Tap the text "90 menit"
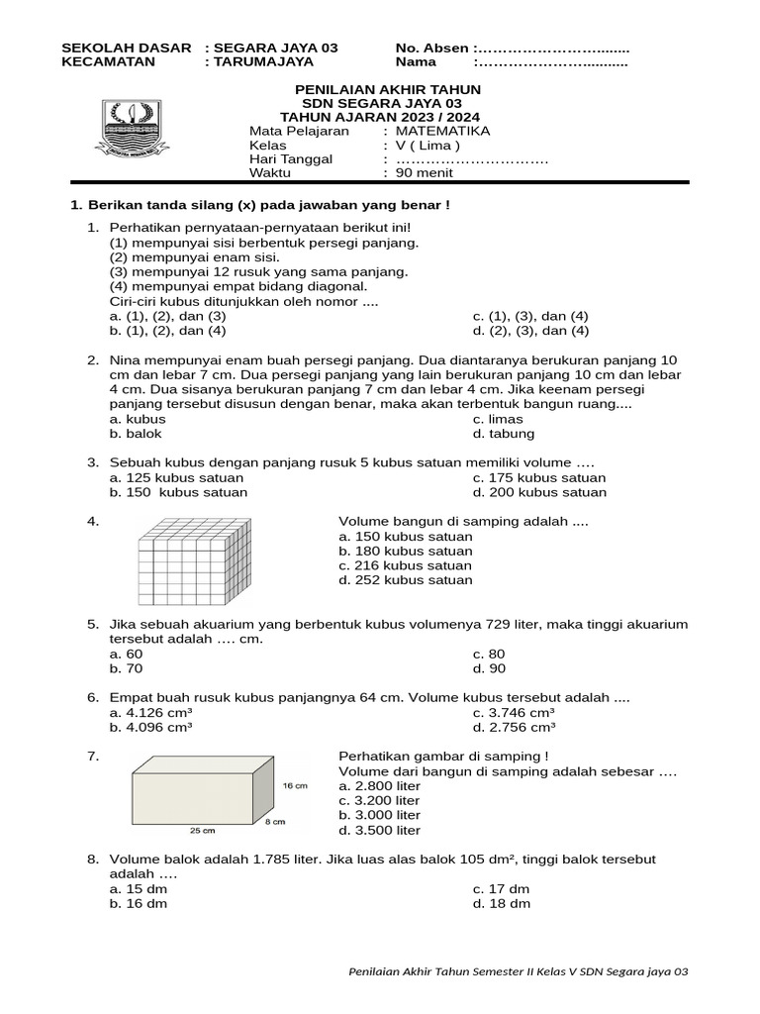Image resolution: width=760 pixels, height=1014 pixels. [x=425, y=172]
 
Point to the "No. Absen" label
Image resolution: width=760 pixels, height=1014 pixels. [x=432, y=48]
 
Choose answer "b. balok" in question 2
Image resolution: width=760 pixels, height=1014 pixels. [x=137, y=433]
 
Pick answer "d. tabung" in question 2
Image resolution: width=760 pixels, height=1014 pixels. [x=504, y=433]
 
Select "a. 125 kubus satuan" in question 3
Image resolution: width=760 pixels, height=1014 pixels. [x=176, y=477]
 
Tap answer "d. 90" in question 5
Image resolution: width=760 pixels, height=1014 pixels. [x=489, y=668]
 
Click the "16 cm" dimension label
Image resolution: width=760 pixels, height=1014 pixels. [x=296, y=785]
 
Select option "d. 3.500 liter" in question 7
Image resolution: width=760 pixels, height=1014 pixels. [x=379, y=830]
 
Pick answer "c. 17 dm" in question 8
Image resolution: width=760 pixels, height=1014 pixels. [x=502, y=889]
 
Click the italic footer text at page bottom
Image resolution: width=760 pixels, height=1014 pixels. [x=519, y=971]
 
